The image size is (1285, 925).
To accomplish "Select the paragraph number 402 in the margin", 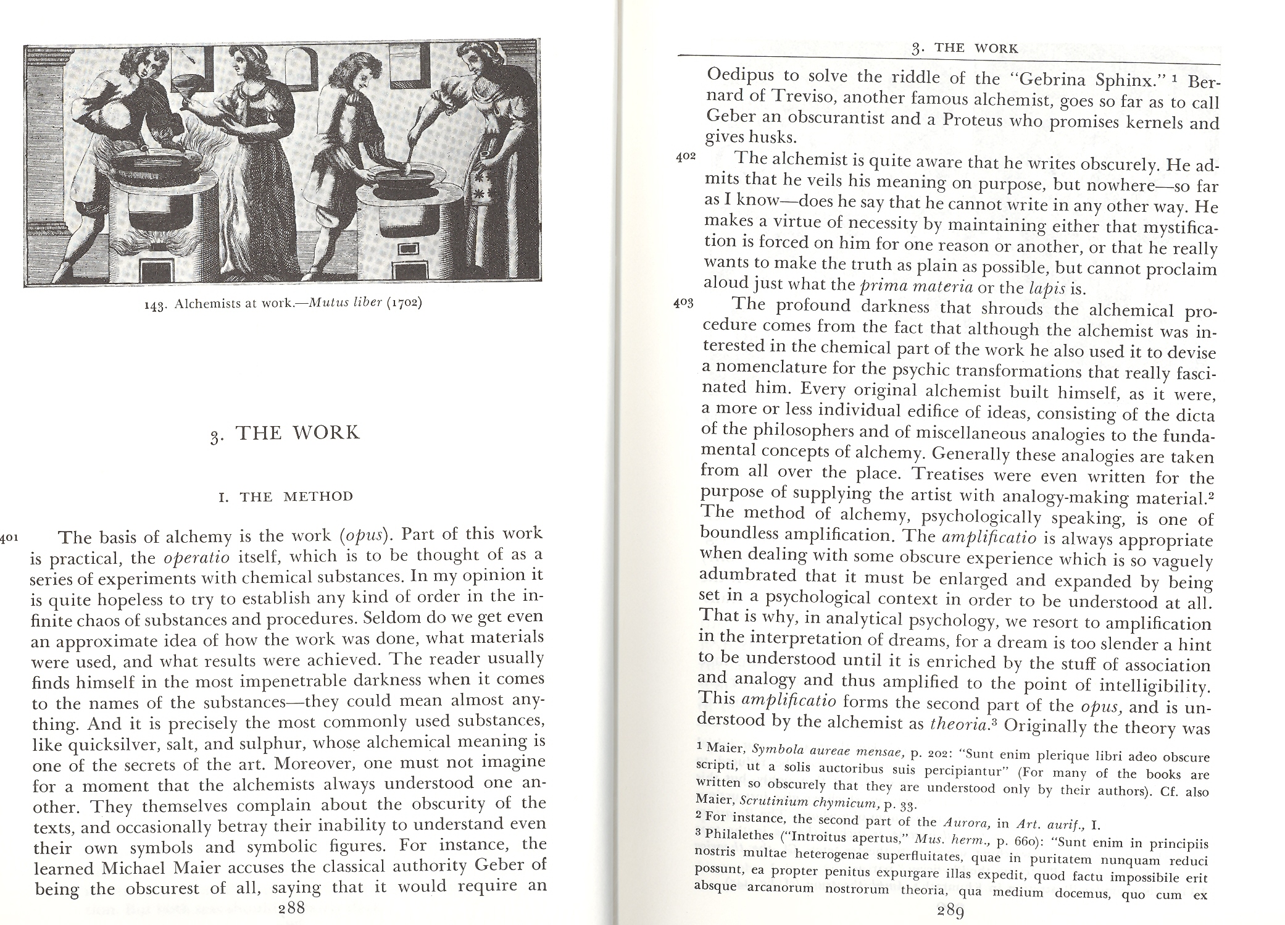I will click(x=686, y=157).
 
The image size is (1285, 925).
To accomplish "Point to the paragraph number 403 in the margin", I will click(x=684, y=303).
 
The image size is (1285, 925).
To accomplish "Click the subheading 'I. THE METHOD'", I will click(x=286, y=496).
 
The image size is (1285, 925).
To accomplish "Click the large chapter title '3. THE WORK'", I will click(x=285, y=433).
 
